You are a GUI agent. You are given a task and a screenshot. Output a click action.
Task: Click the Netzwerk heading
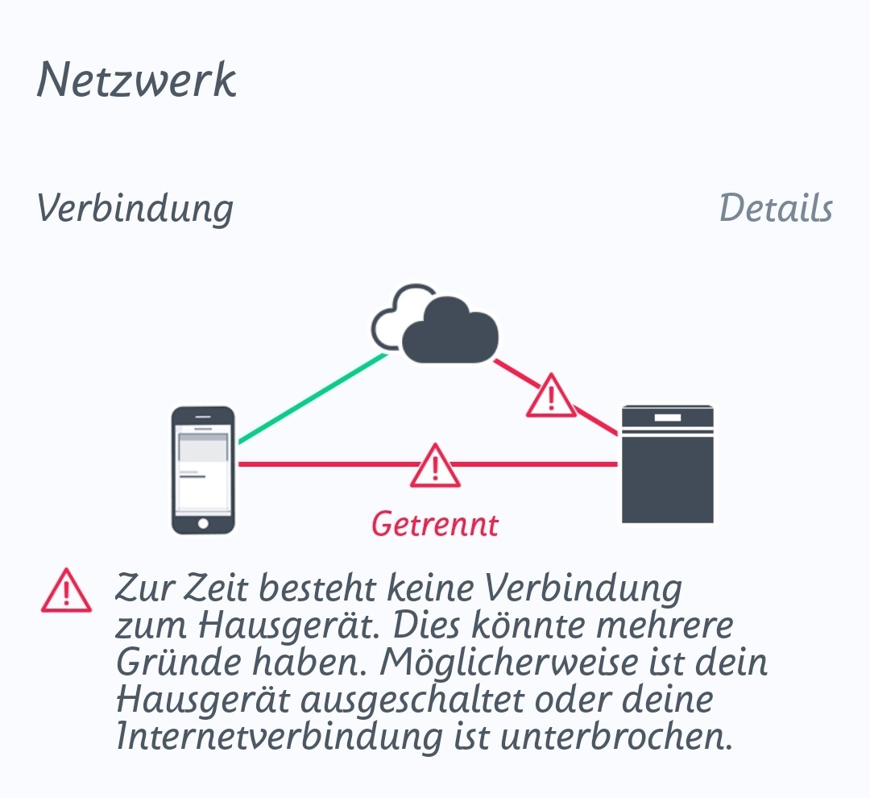[x=136, y=80]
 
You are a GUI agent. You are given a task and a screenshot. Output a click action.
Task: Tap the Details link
[x=776, y=208]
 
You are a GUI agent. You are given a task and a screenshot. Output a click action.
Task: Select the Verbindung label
[x=135, y=210]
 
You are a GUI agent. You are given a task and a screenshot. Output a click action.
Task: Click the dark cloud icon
[x=449, y=330]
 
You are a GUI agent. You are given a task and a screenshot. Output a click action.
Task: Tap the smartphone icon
[x=203, y=470]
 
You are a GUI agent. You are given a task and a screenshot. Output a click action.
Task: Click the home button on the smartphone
[x=203, y=523]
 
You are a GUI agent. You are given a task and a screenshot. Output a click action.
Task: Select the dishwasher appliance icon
[x=668, y=464]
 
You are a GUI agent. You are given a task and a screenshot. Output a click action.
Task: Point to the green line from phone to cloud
[x=313, y=398]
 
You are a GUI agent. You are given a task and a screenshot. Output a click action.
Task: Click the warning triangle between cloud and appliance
[x=551, y=396]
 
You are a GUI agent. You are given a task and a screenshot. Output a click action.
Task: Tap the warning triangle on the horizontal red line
[x=435, y=466]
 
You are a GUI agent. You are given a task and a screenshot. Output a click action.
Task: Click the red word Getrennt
[x=435, y=524]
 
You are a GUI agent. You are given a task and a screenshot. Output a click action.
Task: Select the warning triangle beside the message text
[x=67, y=590]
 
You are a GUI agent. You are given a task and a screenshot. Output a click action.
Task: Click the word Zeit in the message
[x=215, y=588]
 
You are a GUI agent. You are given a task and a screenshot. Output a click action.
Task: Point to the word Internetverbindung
[x=280, y=737]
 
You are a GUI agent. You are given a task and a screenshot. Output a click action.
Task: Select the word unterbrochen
[x=616, y=737]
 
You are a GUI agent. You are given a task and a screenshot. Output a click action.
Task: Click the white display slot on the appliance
[x=668, y=418]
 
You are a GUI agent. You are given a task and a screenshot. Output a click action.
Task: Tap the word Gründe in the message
[x=177, y=663]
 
